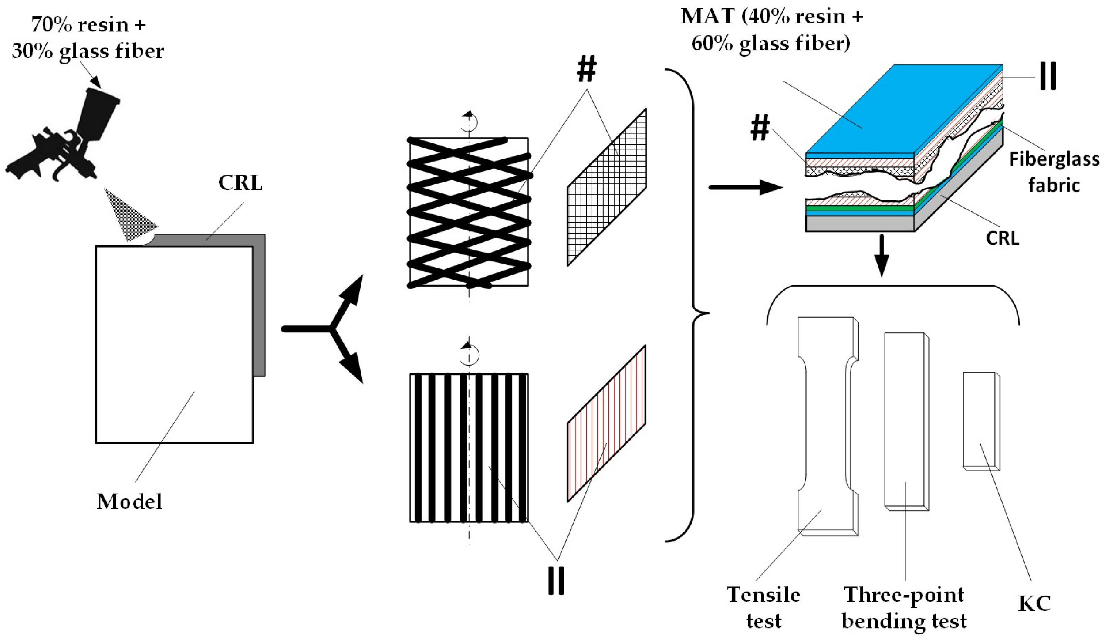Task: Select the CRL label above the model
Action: tap(240, 183)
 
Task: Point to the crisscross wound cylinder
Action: tap(469, 213)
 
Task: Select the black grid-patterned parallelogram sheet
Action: tap(606, 187)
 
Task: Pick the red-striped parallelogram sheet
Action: tap(606, 423)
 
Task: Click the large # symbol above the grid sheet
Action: tap(587, 70)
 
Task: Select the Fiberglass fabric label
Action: tap(1054, 172)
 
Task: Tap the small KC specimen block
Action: tap(980, 421)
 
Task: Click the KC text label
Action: tap(1034, 604)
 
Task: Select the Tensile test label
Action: tap(763, 607)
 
